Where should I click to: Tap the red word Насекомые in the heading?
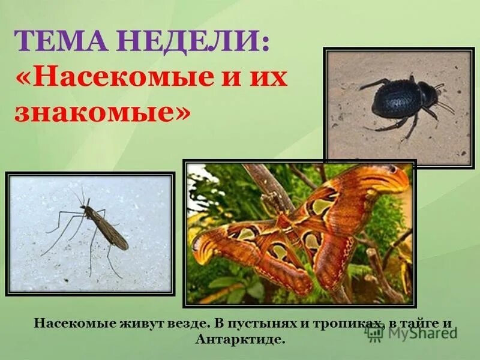coord(123,79)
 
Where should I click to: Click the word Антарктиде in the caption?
coord(239,340)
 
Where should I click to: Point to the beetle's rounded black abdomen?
coord(393,100)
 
